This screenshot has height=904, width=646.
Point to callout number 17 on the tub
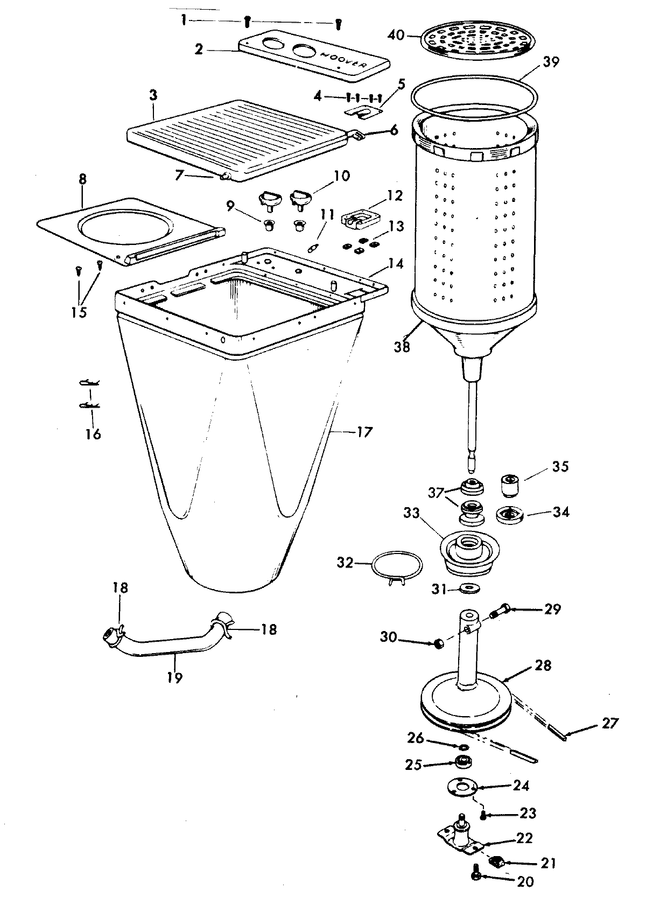(x=364, y=431)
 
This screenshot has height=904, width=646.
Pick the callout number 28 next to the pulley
(x=543, y=665)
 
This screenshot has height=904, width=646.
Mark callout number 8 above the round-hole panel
(x=82, y=179)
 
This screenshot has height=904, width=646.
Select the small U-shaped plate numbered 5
(x=362, y=111)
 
